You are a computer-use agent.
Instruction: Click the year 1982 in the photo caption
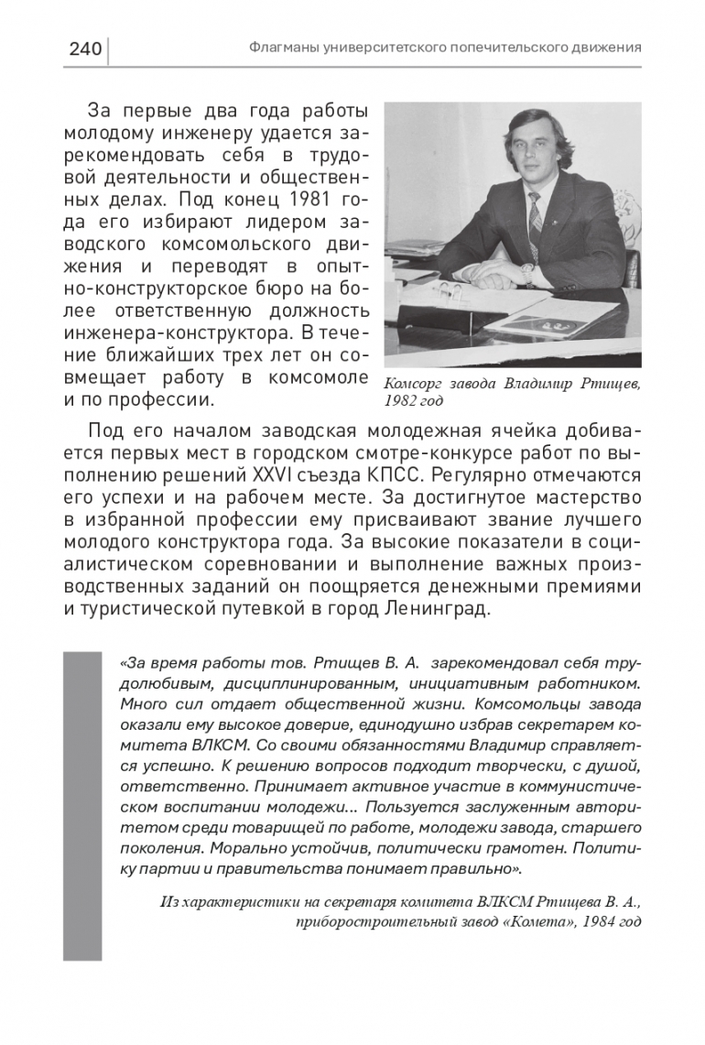[400, 401]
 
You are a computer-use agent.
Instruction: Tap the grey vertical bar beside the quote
[82, 806]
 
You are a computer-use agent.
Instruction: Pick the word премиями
[592, 586]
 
